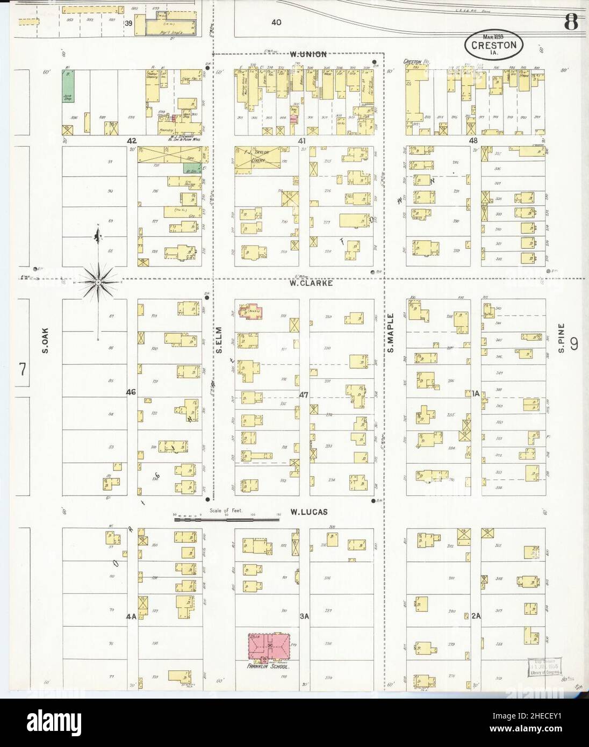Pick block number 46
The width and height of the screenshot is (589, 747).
(x=131, y=392)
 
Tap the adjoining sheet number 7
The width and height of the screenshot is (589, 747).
(x=23, y=369)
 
